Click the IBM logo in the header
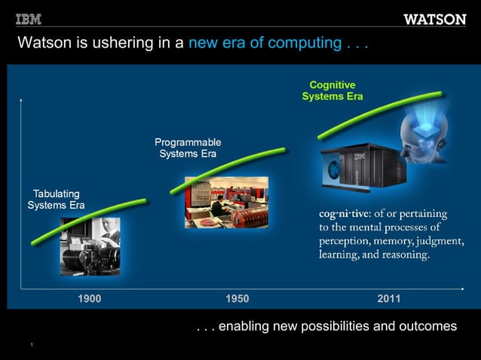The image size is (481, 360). pyautogui.click(x=29, y=19)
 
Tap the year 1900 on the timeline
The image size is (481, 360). pyautogui.click(x=89, y=299)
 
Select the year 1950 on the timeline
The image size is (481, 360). pyautogui.click(x=237, y=299)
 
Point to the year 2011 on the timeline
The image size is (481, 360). pyautogui.click(x=389, y=299)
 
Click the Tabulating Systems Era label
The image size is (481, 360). pyautogui.click(x=56, y=200)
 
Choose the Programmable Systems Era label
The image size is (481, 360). pyautogui.click(x=188, y=148)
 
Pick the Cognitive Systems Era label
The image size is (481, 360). pyautogui.click(x=332, y=90)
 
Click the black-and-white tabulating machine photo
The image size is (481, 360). pyautogui.click(x=90, y=247)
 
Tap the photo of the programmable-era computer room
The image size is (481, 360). pyautogui.click(x=226, y=202)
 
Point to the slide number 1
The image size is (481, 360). pyautogui.click(x=32, y=345)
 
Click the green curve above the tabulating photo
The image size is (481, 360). pyautogui.click(x=89, y=221)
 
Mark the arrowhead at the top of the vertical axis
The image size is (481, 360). pyautogui.click(x=22, y=99)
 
